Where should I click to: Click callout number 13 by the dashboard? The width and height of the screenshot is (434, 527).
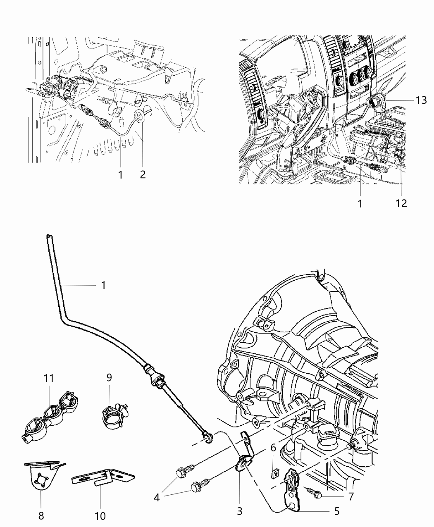421,100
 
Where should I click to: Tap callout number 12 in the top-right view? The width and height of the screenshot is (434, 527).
401,203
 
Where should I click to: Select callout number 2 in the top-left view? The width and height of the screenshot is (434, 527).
143,174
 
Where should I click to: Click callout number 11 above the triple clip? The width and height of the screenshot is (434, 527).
48,378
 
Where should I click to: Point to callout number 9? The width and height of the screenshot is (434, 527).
109,377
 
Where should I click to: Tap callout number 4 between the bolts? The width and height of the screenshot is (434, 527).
157,497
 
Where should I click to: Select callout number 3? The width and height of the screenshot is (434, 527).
240,511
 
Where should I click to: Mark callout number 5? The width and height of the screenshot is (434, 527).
336,511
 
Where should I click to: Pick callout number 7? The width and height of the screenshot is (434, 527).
351,496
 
